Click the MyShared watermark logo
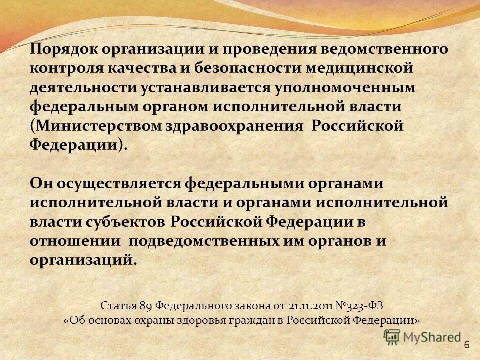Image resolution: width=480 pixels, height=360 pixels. tap(422, 337)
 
